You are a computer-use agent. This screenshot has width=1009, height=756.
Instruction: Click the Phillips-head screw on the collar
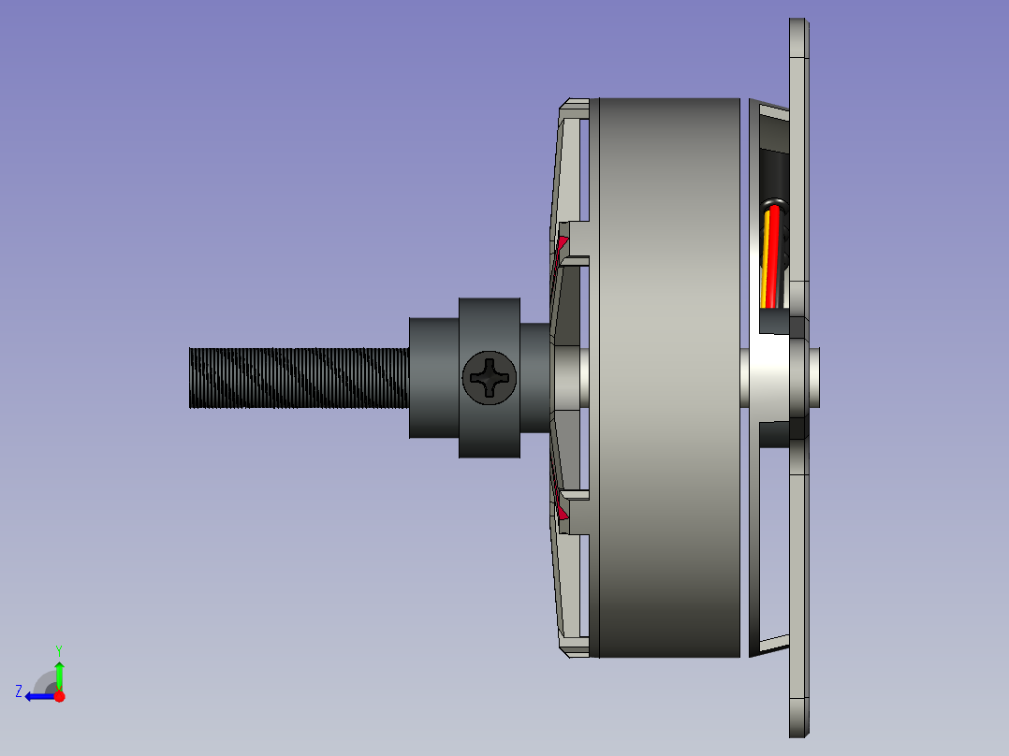coord(489,378)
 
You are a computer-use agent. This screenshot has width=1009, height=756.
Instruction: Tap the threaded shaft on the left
coord(300,378)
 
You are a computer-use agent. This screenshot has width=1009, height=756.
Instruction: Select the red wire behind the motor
coord(773,256)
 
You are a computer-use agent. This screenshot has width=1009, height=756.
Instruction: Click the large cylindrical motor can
coord(669,378)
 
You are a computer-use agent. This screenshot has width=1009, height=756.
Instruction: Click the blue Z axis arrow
coord(41,696)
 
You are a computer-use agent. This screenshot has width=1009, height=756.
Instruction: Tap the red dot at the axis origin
coord(59,696)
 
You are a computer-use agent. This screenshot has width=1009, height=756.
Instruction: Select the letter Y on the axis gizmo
coord(59,650)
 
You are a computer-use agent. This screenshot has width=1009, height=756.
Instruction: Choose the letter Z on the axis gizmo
coord(19,691)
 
